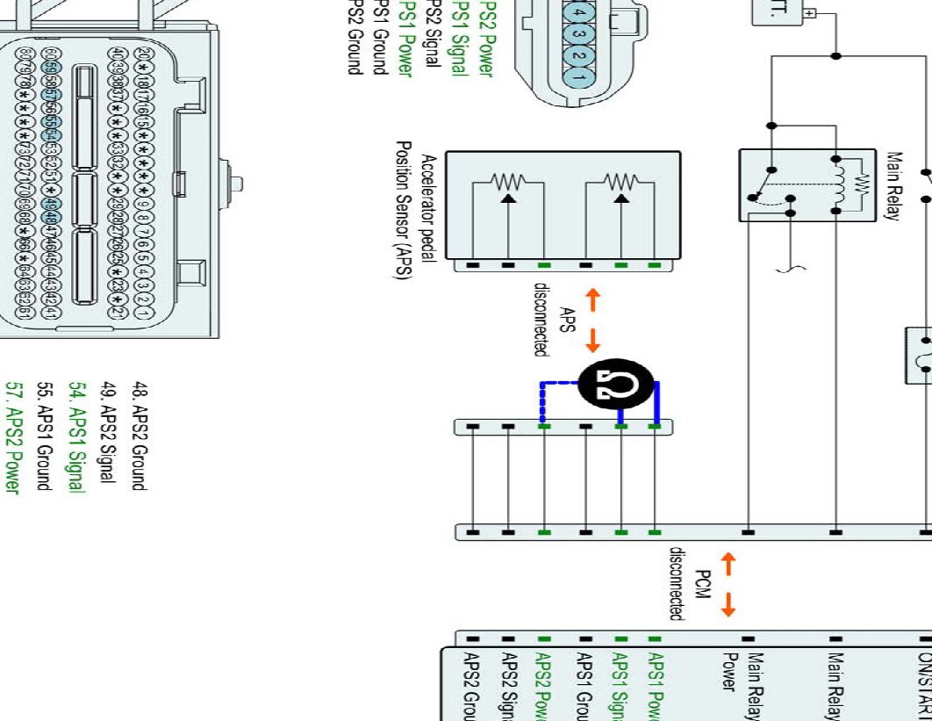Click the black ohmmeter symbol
point(617,384)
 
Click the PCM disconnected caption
point(688,585)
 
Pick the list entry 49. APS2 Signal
point(110,431)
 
